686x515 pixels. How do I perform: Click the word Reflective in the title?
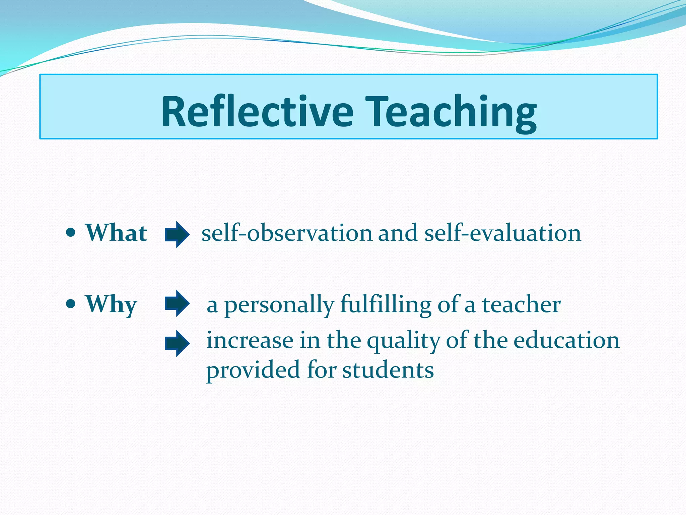tap(257, 111)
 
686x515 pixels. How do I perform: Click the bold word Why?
tap(111, 304)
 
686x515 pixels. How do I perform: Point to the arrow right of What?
tap(177, 235)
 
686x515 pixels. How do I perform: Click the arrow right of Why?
tap(177, 303)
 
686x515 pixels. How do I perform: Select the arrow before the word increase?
tap(177, 343)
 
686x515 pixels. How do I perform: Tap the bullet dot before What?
tap(71, 232)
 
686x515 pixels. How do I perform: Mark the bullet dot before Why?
tap(71, 304)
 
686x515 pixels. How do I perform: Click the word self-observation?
tap(287, 233)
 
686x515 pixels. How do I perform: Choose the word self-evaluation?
tap(503, 233)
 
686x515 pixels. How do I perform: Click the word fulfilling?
tap(386, 304)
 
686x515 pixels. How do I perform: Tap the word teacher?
tap(521, 304)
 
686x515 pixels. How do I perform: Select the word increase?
tap(250, 340)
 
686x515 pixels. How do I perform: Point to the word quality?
tap(403, 341)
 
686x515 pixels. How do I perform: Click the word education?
tap(567, 340)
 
